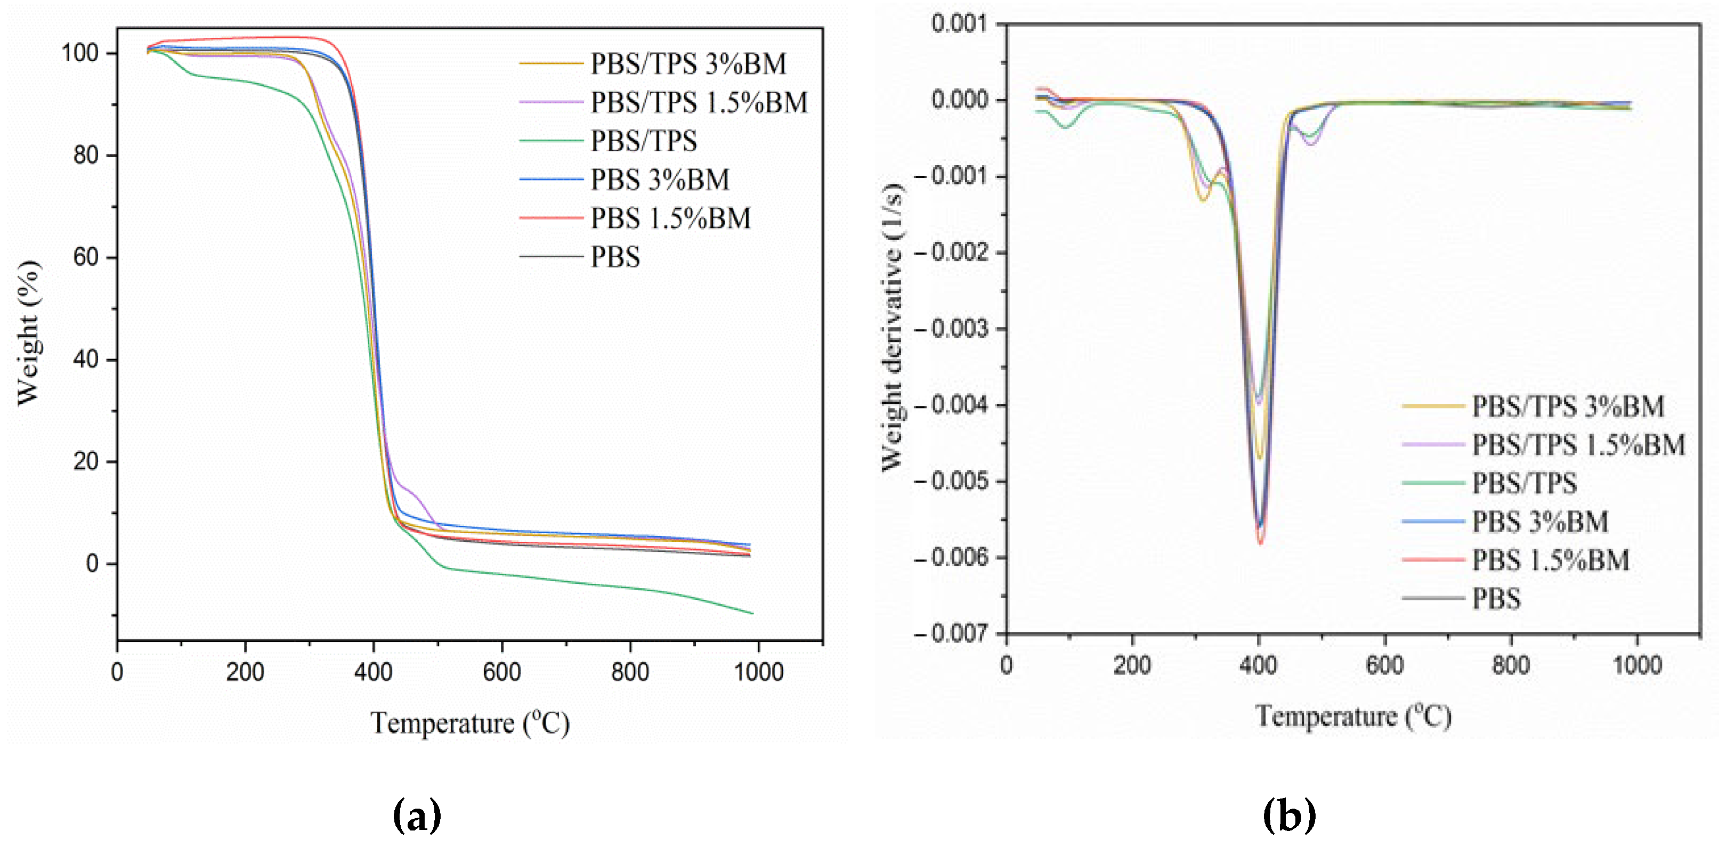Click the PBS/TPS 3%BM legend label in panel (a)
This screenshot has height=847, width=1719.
coord(688,64)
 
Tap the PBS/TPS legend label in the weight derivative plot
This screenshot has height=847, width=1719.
coord(1524,483)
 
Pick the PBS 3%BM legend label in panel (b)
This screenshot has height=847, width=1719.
coord(1540,522)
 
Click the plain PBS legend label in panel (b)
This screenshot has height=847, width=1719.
coord(1496,598)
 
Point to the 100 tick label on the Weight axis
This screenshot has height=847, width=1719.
coord(79,53)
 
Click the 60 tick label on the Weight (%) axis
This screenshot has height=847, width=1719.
coord(86,257)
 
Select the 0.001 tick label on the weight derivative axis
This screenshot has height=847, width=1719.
coord(959,24)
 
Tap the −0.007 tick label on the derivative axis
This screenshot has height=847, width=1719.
coord(950,633)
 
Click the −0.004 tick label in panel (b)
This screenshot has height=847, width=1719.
coord(950,405)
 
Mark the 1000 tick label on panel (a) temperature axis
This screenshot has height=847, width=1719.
coord(759,672)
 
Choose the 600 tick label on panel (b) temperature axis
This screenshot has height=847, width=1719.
coord(1385,665)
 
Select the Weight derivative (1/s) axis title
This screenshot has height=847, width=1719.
coord(892,327)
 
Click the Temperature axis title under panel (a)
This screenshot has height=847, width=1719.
coord(470,723)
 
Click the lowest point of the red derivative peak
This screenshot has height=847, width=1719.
coord(1261,543)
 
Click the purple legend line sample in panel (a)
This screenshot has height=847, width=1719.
coord(550,102)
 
